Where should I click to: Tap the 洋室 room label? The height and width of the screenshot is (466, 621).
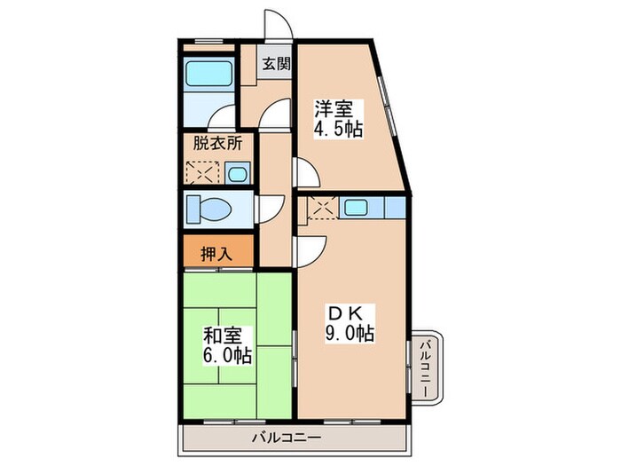(334, 110)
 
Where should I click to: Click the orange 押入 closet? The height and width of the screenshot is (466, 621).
(217, 253)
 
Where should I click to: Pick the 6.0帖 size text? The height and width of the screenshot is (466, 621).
(227, 356)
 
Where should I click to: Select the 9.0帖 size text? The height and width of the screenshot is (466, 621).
(350, 334)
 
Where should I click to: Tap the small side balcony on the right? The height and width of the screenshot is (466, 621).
(426, 367)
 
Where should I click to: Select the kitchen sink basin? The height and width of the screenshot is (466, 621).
(357, 208)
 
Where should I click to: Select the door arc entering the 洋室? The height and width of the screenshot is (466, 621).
(303, 171)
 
